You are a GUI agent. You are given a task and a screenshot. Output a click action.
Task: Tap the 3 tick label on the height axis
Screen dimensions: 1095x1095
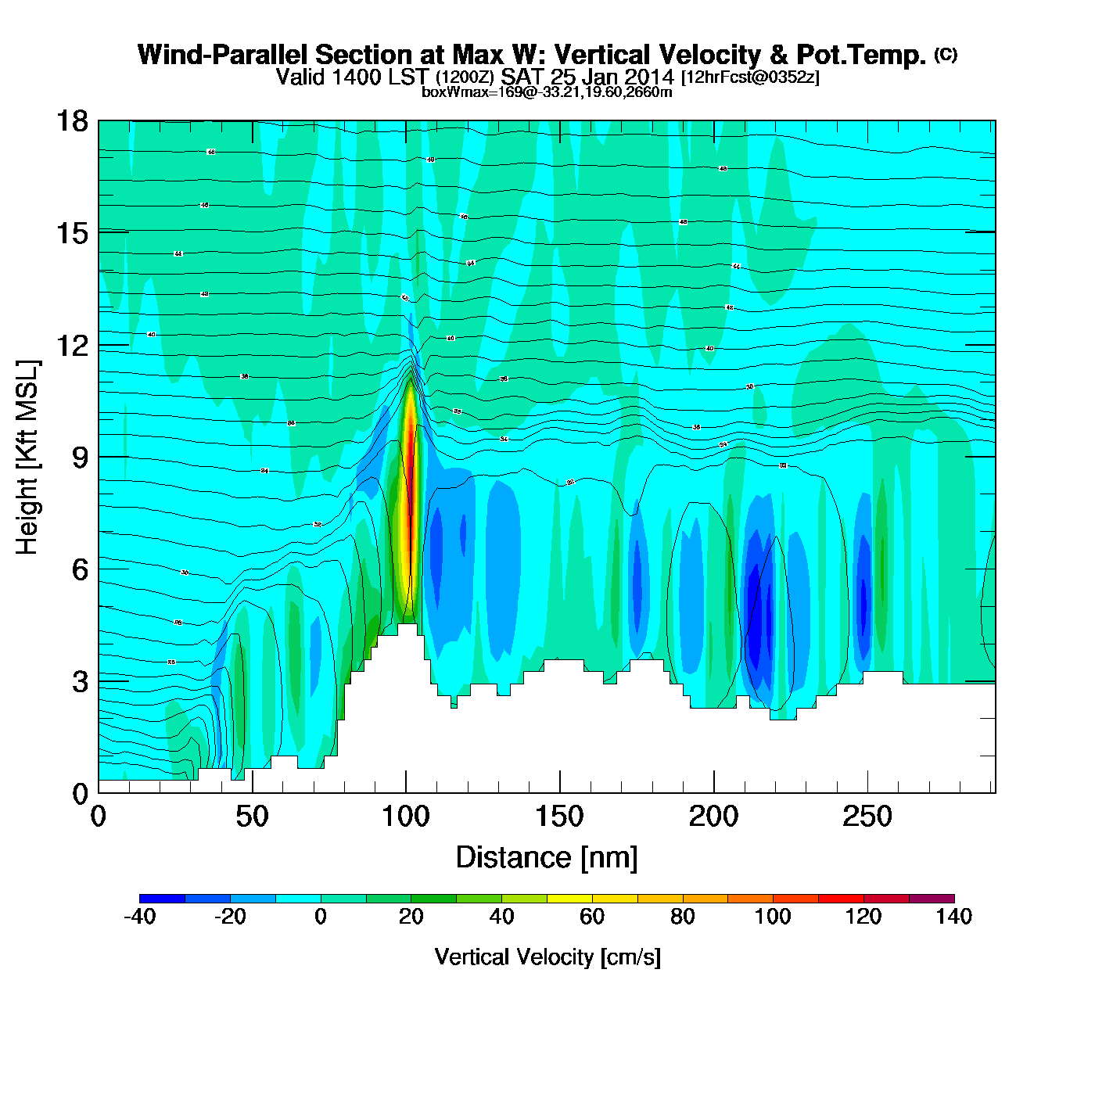pyautogui.click(x=80, y=682)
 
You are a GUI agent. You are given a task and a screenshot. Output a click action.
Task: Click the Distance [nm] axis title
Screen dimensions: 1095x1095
pyautogui.click(x=547, y=858)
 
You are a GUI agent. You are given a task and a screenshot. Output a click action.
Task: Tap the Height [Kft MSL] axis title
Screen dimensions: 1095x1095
pyautogui.click(x=27, y=458)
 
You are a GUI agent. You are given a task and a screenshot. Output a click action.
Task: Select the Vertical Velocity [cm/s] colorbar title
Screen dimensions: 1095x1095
pyautogui.click(x=547, y=957)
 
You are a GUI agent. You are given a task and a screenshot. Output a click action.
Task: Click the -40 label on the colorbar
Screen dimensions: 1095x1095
pyautogui.click(x=140, y=917)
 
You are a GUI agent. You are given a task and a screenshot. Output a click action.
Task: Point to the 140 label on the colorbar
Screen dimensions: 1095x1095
pyautogui.click(x=954, y=917)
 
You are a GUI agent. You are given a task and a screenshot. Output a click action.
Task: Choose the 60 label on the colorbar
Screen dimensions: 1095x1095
pyautogui.click(x=592, y=917)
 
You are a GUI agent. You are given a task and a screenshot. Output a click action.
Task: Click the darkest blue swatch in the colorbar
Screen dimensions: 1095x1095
pyautogui.click(x=163, y=899)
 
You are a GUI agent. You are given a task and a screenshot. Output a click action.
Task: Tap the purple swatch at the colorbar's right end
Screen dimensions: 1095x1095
pyautogui.click(x=932, y=899)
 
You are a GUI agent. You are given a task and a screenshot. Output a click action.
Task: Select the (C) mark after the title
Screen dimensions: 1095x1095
pyautogui.click(x=946, y=55)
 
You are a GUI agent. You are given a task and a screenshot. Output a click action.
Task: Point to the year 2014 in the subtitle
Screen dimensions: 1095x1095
pyautogui.click(x=649, y=77)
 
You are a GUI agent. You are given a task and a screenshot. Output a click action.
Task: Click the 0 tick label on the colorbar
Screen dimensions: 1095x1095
pyautogui.click(x=321, y=917)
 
